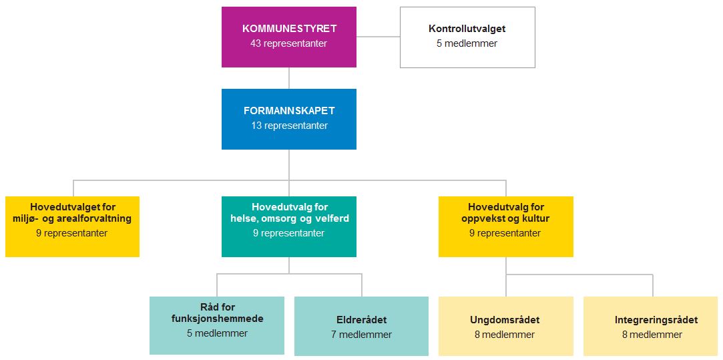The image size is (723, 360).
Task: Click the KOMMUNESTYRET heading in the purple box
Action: pyautogui.click(x=289, y=29)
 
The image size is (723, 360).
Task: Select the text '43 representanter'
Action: pyautogui.click(x=289, y=44)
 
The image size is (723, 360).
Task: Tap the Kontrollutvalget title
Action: pyautogui.click(x=467, y=29)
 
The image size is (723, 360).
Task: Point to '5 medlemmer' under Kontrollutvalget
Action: pyautogui.click(x=467, y=44)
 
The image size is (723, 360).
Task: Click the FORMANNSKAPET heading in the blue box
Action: pyautogui.click(x=289, y=111)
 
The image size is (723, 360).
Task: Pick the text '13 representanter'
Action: pyautogui.click(x=289, y=126)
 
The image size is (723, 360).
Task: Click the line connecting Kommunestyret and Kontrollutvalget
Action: pyautogui.click(x=378, y=37)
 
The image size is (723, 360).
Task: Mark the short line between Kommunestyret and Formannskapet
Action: pyautogui.click(x=289, y=78)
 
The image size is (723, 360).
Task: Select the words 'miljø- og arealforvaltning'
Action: pyautogui.click(x=72, y=218)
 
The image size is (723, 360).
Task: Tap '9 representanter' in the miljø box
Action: pyautogui.click(x=72, y=233)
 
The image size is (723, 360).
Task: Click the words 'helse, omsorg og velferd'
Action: pyautogui.click(x=290, y=218)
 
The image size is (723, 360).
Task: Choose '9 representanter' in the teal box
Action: pyautogui.click(x=289, y=233)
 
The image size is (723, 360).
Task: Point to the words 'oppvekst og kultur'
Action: pyautogui.click(x=506, y=218)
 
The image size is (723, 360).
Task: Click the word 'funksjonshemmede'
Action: pyautogui.click(x=217, y=319)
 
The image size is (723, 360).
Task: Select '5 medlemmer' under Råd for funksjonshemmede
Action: pyautogui.click(x=217, y=333)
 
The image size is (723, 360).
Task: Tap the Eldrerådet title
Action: pyautogui.click(x=362, y=320)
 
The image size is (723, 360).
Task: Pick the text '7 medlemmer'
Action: pyautogui.click(x=362, y=335)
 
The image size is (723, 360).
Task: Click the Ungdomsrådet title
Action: pyautogui.click(x=505, y=320)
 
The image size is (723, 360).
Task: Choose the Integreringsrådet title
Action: pyautogui.click(x=652, y=320)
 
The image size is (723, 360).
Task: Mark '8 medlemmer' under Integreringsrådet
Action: pyautogui.click(x=652, y=335)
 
